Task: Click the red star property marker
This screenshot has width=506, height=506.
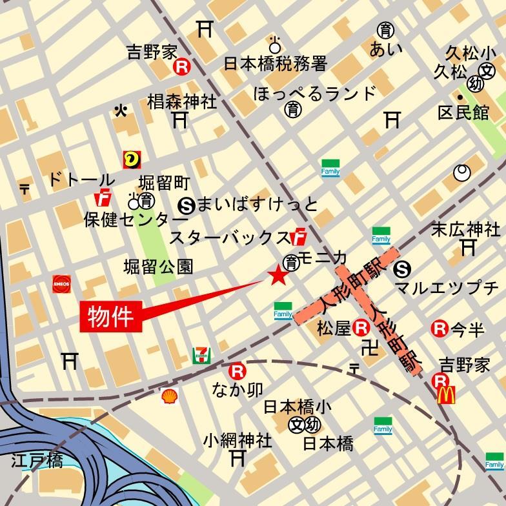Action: [x=278, y=276]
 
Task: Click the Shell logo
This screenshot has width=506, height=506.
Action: [x=170, y=395]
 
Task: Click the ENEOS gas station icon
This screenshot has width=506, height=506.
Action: [x=62, y=284]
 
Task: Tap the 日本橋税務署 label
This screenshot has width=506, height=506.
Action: [x=276, y=63]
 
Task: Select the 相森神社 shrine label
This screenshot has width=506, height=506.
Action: [x=182, y=101]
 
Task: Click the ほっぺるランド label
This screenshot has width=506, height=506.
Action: [x=314, y=93]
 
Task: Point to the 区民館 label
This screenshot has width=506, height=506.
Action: [x=463, y=112]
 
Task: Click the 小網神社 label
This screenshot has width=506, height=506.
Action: [x=238, y=440]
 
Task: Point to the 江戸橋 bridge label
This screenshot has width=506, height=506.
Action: [x=37, y=461]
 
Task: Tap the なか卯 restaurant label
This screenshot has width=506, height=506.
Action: [x=238, y=389]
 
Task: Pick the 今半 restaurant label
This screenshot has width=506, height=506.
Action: [x=467, y=330]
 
